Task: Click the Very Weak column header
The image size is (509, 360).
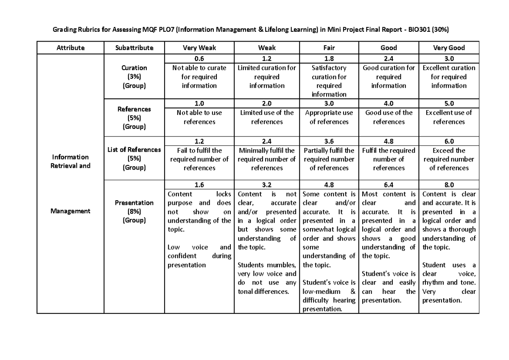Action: coord(199,48)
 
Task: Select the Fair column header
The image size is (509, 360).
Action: coord(329,48)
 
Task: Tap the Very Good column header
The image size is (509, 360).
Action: coord(449,48)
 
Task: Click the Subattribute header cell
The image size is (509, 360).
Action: coord(134,48)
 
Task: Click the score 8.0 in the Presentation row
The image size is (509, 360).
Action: coord(449,185)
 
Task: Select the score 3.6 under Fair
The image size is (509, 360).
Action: coord(329,141)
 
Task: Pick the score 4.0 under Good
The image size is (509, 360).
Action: coord(389,103)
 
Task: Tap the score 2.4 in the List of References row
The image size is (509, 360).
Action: coord(267,141)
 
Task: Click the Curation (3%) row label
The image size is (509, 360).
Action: coord(134,77)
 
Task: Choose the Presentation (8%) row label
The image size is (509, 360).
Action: coord(134,211)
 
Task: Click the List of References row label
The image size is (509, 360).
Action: coord(134,150)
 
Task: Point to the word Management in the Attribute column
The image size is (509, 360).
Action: coord(70,211)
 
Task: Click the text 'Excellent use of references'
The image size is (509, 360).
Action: coord(449,117)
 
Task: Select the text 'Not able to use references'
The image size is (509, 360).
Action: coord(199,117)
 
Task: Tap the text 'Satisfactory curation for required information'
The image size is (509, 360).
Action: coord(329,81)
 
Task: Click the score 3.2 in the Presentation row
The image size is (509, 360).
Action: coord(267,185)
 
